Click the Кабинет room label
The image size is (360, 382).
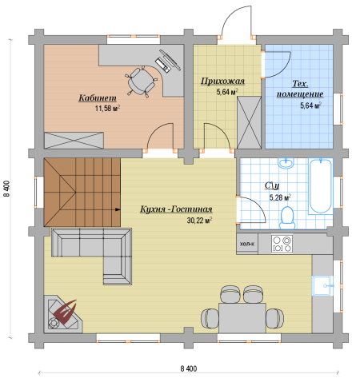[98, 98]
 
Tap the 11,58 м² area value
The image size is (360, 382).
[107, 109]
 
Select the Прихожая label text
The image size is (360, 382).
[222, 81]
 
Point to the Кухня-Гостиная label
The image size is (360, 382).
[176, 209]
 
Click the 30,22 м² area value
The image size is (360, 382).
[199, 221]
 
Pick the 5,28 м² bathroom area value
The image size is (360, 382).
[280, 197]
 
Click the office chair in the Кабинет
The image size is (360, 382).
[140, 81]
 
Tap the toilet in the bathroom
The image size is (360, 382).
[287, 217]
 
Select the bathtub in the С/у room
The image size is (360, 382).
[321, 186]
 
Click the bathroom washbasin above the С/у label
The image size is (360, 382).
[286, 163]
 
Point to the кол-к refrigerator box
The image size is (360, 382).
[247, 244]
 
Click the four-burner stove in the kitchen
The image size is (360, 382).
[282, 244]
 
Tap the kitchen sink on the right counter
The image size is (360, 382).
[322, 285]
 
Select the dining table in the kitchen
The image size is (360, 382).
[242, 318]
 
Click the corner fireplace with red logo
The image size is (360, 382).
[63, 314]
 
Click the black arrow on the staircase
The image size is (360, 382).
[118, 209]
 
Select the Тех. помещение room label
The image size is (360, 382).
[300, 89]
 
